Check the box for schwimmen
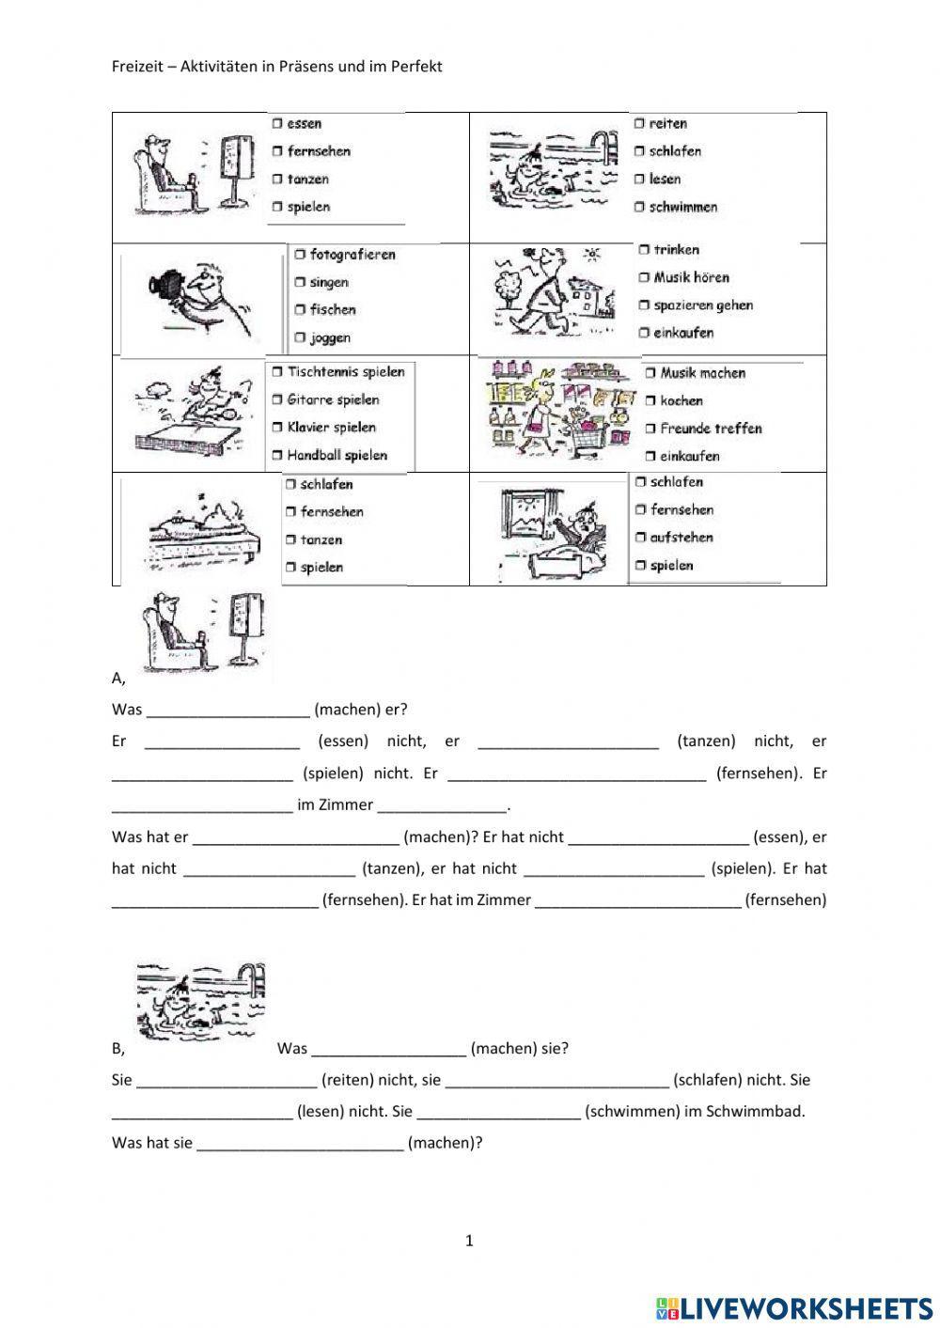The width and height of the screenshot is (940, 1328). (x=639, y=207)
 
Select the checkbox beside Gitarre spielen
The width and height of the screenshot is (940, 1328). (x=277, y=399)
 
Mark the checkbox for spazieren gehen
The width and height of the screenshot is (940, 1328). (x=644, y=305)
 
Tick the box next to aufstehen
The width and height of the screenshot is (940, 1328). (x=640, y=538)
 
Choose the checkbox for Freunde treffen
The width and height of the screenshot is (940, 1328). (x=650, y=429)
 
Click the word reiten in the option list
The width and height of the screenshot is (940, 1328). (x=667, y=123)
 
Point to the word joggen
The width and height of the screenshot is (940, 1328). (x=330, y=337)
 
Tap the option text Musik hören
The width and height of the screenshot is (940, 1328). (x=691, y=277)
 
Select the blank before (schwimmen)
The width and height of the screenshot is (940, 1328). (x=498, y=1112)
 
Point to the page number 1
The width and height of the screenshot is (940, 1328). (x=469, y=1241)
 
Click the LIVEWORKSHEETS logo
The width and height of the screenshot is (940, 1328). (x=794, y=1307)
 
